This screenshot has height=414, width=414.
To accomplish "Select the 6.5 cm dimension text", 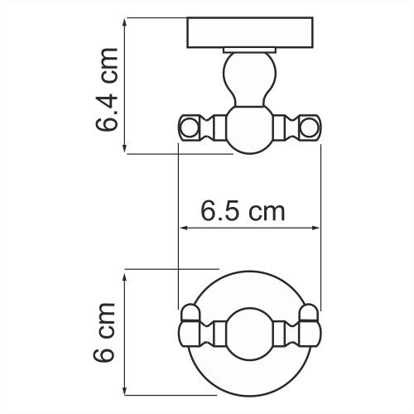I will [243, 211].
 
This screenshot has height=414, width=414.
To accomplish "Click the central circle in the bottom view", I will [248, 333].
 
